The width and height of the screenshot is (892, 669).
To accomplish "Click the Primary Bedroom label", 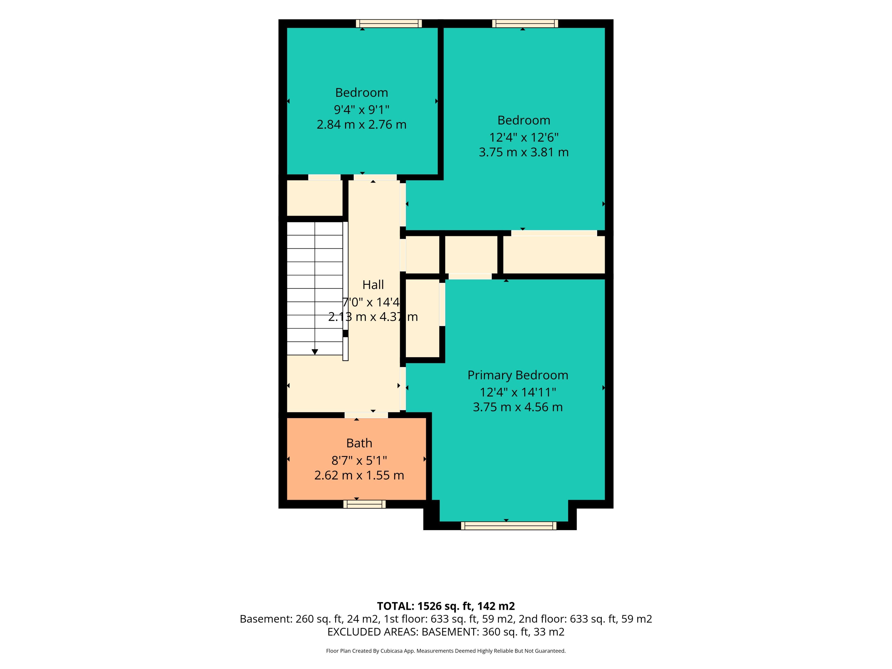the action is [x=518, y=375].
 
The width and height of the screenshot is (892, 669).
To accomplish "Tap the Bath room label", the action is [x=359, y=443].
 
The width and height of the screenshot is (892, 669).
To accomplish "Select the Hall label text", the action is [x=373, y=285].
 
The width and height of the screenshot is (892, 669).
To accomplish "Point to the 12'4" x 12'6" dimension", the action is [x=524, y=138].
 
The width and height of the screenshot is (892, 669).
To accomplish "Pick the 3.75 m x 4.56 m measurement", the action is [x=518, y=407].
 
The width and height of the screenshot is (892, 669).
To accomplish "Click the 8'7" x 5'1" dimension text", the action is [x=359, y=460].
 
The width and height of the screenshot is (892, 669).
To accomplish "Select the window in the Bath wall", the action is [x=364, y=504].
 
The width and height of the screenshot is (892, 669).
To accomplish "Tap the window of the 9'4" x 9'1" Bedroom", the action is [x=389, y=23].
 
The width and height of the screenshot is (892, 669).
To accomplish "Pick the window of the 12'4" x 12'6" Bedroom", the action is [x=525, y=23].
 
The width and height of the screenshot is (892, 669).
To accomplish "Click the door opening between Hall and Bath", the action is [x=366, y=415].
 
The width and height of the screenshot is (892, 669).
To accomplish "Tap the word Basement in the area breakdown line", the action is [x=266, y=619].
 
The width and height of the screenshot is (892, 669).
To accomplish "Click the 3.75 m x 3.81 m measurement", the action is [x=524, y=152].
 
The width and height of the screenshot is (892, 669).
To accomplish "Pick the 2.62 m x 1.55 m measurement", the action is [x=359, y=476].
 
